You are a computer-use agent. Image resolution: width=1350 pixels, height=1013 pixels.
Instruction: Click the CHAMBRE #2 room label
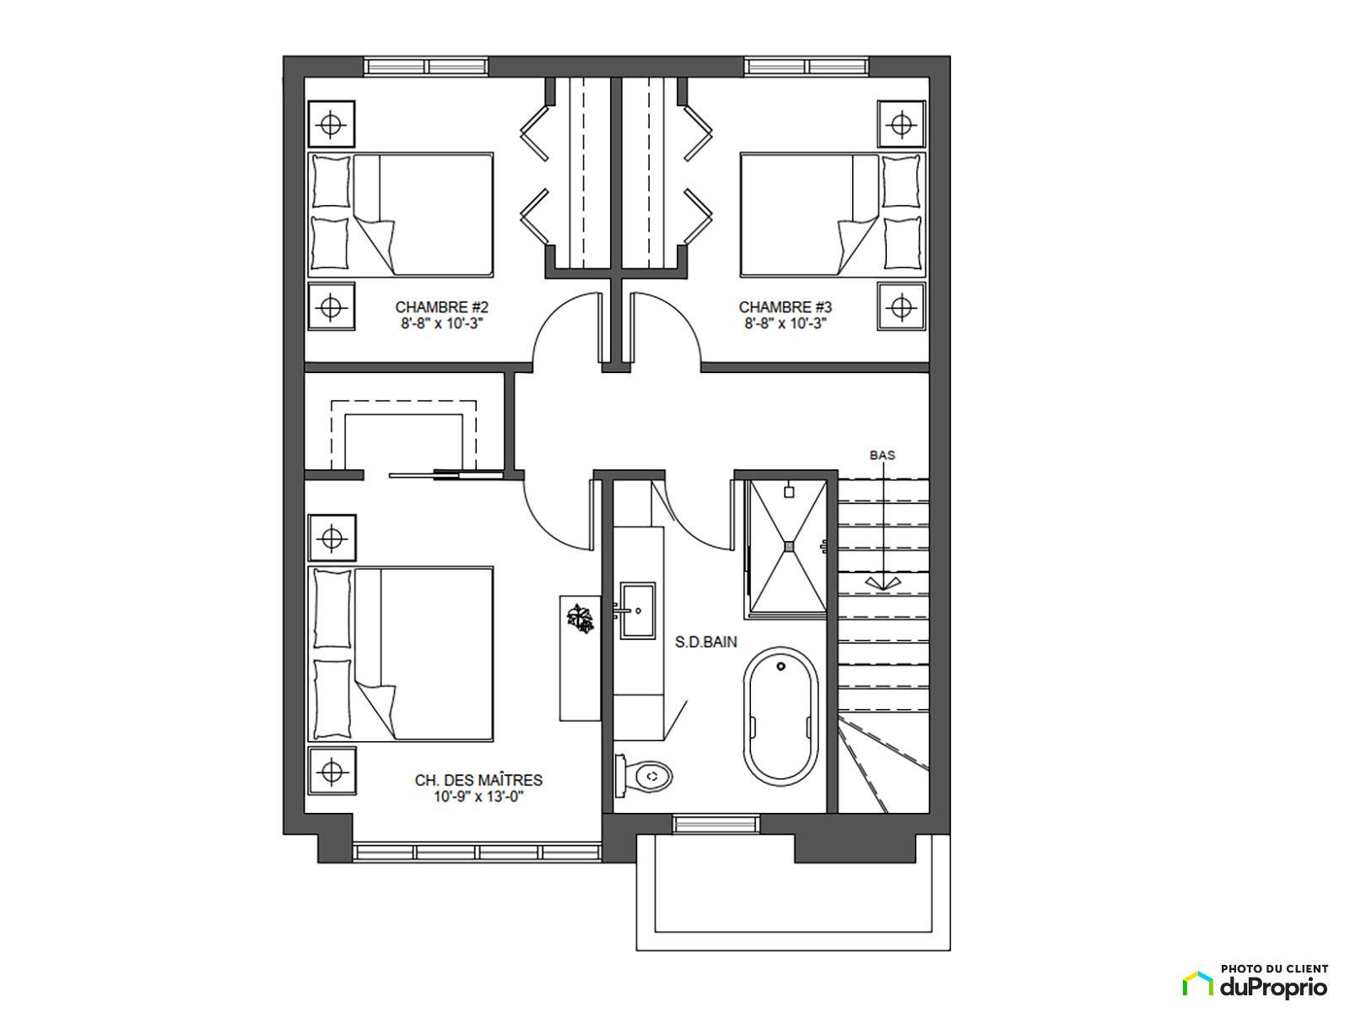441,306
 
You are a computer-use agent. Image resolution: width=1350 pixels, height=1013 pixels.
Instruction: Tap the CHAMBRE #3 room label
785,306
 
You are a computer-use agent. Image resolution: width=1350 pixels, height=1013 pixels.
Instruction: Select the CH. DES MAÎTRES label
478,780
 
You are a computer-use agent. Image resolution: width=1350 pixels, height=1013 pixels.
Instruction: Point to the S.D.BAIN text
705,642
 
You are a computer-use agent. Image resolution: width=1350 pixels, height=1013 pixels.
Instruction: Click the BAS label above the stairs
882,455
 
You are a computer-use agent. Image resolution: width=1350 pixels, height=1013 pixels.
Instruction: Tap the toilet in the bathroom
643,776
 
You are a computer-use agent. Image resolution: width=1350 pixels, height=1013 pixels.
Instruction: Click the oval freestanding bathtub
781,717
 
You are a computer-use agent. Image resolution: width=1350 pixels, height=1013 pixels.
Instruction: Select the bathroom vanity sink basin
637,610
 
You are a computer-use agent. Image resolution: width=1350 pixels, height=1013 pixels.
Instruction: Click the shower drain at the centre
789,545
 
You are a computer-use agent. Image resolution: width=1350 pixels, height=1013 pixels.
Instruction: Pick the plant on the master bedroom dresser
580,618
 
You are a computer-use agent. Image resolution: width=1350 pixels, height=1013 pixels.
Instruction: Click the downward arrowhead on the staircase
883,583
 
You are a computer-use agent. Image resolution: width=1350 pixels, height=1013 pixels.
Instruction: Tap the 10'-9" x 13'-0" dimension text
478,797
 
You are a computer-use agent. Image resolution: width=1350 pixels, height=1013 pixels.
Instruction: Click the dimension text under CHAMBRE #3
785,323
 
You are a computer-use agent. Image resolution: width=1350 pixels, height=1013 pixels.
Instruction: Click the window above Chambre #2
426,67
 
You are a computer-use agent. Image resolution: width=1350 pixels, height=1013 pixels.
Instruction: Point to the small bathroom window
715,824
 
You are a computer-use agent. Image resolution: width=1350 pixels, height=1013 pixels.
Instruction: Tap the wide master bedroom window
478,853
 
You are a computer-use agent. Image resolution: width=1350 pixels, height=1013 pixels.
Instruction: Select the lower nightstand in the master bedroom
332,771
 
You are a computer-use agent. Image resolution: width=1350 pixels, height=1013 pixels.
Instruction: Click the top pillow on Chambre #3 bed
901,181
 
